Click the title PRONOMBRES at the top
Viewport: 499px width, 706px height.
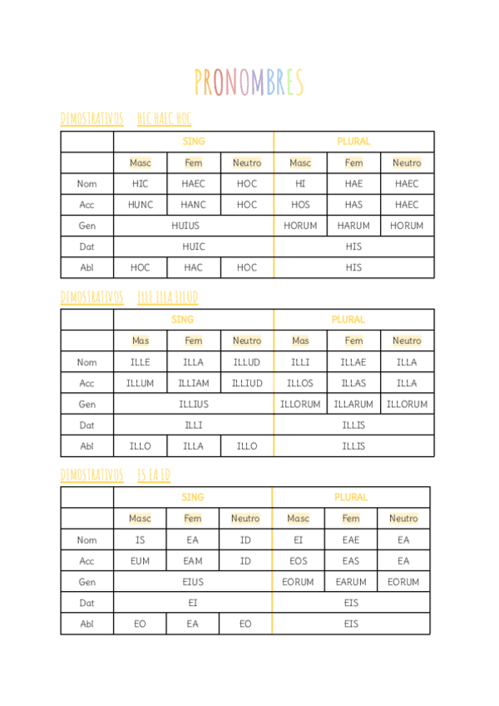click(x=249, y=82)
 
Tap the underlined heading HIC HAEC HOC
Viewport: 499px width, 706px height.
click(x=165, y=119)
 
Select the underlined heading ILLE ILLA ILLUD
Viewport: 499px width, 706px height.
click(x=167, y=297)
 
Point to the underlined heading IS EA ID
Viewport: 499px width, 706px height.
click(x=154, y=475)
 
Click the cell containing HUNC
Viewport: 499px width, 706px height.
click(x=141, y=205)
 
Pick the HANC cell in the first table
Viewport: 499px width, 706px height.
click(x=194, y=205)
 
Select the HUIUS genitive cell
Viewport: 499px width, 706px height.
click(x=194, y=226)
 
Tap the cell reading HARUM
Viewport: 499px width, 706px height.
click(x=353, y=226)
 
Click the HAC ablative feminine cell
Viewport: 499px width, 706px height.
click(x=194, y=267)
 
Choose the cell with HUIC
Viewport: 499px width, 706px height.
click(x=194, y=246)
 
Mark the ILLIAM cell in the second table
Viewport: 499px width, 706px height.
click(x=194, y=383)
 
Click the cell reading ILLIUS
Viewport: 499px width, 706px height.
click(x=194, y=404)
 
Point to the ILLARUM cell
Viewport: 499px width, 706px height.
click(x=353, y=404)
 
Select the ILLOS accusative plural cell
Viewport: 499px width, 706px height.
click(x=300, y=383)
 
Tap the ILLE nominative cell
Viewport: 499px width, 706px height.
click(x=141, y=362)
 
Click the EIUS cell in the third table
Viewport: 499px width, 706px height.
click(x=193, y=582)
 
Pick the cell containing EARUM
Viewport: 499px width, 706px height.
click(x=351, y=582)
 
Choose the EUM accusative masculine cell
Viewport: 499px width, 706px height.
click(x=140, y=561)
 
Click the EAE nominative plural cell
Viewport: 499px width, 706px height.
click(x=351, y=540)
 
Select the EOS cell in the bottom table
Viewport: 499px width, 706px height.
click(x=298, y=561)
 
